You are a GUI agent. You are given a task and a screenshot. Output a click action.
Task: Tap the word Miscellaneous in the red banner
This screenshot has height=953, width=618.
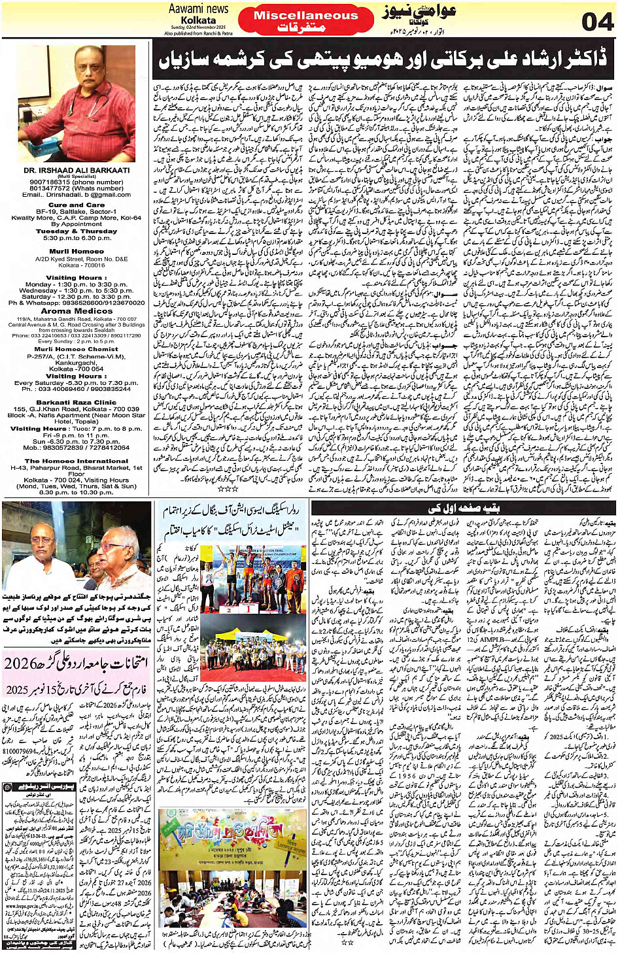(305, 15)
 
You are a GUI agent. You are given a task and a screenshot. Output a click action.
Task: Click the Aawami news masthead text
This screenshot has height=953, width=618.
(198, 8)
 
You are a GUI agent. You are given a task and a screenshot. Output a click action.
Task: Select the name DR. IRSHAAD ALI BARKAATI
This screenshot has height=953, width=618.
(76, 170)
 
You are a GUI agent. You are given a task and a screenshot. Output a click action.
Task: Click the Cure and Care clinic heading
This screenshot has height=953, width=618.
(76, 205)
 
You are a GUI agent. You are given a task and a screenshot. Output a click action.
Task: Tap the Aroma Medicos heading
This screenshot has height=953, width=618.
(77, 311)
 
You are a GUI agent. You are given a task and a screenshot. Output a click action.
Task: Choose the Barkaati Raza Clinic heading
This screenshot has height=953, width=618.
(77, 403)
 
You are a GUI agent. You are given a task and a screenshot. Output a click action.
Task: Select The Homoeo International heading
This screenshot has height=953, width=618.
(77, 461)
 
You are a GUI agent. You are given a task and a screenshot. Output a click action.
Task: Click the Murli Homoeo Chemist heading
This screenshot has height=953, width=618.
(77, 349)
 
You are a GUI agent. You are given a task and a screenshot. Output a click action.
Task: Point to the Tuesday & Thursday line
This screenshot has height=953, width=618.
(77, 231)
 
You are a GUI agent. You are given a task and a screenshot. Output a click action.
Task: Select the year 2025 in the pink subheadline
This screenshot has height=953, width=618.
(18, 690)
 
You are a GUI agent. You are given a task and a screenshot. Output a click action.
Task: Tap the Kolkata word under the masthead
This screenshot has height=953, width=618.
(198, 20)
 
